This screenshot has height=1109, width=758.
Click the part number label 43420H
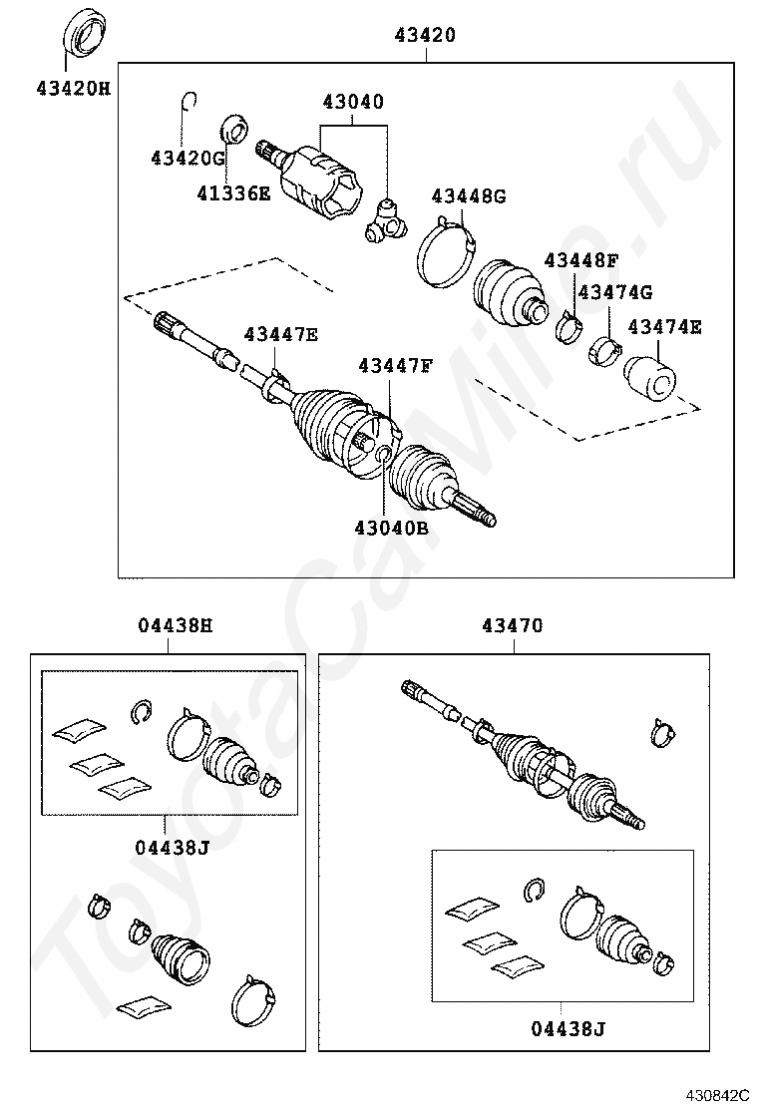coord(73,88)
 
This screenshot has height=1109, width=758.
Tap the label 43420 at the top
coord(427,36)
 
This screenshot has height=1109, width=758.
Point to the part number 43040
coord(352,103)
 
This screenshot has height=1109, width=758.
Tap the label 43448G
coord(469,195)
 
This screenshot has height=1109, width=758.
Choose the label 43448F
coord(581,260)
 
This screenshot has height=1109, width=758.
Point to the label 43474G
coord(615,292)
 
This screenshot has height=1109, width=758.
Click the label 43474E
coord(664,326)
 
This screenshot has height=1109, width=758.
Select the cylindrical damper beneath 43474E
coord(649,380)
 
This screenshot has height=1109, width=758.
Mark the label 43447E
coord(281,335)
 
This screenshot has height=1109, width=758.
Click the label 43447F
coord(396,365)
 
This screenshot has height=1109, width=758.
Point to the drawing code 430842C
coord(715,1095)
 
